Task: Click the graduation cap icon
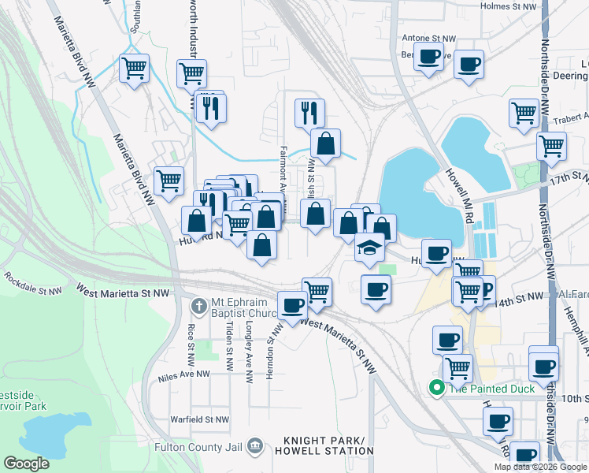tap(369, 247)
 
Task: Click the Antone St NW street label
tap(428, 38)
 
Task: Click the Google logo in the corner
tap(25, 463)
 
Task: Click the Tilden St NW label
tap(229, 344)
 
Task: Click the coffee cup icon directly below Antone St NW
tap(429, 58)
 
